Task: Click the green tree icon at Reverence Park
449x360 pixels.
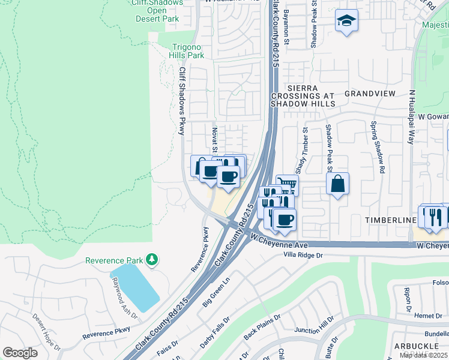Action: (153, 259)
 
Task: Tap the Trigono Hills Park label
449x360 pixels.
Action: (180, 51)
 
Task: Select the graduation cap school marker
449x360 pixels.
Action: (346, 21)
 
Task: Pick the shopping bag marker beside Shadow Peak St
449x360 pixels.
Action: (338, 183)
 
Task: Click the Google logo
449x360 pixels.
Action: (20, 353)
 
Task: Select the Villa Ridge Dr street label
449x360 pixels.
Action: (307, 255)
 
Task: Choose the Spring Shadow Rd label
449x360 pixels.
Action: (377, 148)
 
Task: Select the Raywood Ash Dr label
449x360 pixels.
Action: (124, 298)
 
